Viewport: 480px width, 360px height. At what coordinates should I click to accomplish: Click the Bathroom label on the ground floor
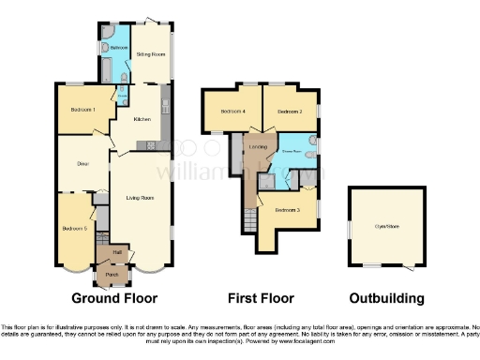tap(118, 48)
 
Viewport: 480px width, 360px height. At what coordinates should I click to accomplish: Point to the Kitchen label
tap(142, 119)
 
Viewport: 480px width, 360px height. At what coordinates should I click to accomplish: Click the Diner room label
tap(82, 163)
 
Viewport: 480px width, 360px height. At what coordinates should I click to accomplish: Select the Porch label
tap(112, 274)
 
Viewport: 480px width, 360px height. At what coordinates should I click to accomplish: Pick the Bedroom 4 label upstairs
tap(232, 112)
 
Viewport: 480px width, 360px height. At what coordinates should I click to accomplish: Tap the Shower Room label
tap(292, 150)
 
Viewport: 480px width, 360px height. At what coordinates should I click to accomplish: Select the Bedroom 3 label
tap(287, 210)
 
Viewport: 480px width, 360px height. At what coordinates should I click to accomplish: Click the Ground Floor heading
tap(109, 298)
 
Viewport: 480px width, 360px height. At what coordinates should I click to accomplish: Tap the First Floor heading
tap(262, 298)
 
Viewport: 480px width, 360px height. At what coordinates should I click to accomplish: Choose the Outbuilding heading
tap(386, 298)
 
